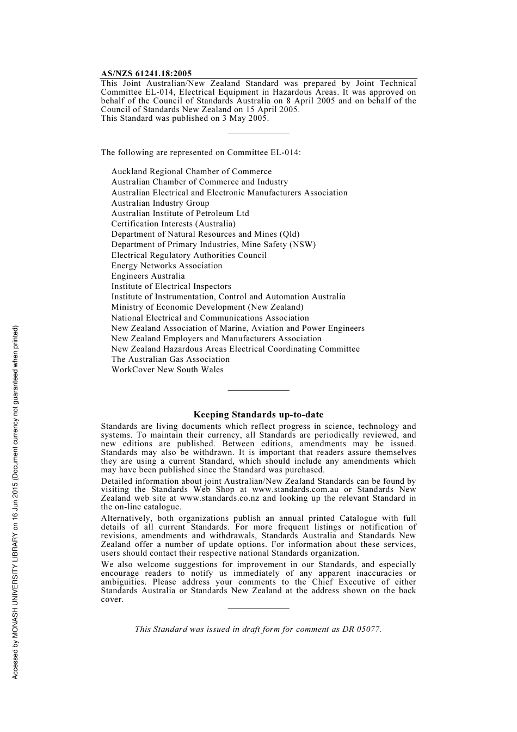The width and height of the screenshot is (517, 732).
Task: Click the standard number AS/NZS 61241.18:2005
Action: [146, 73]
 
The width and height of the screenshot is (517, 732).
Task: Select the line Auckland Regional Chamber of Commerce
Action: [192, 171]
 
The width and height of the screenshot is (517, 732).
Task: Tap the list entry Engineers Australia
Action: [148, 276]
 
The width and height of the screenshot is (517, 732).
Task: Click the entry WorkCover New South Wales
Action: [167, 370]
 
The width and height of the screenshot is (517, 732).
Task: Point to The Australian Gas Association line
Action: [170, 359]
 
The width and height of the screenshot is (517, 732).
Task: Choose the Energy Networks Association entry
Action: [167, 266]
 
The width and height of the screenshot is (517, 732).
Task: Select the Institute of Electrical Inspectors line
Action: [171, 286]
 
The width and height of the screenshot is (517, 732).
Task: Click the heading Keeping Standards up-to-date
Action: [258, 415]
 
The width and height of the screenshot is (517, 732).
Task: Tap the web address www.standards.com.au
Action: [296, 490]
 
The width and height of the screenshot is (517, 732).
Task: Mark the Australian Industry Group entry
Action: [160, 203]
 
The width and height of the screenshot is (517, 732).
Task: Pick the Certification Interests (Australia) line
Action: [173, 224]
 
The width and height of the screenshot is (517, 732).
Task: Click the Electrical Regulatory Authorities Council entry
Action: [189, 255]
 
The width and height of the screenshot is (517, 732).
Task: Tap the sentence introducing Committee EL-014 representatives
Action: [200, 152]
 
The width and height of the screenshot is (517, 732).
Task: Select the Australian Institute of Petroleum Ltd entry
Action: [180, 213]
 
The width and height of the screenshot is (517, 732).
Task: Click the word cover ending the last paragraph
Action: [112, 600]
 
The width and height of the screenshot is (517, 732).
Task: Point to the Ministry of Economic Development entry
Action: [207, 307]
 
